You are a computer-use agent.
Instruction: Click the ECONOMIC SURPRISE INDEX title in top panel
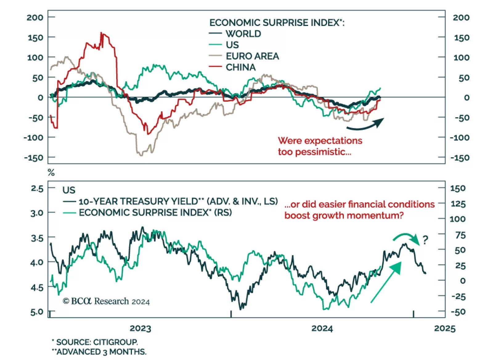tap(277, 22)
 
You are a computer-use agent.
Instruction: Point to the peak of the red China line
tap(101, 33)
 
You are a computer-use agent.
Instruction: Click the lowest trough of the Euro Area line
tap(141, 155)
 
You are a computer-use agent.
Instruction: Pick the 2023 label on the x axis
tap(140, 328)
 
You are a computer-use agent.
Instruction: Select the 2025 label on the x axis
tap(444, 328)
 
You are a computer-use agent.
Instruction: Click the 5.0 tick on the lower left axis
tap(37, 312)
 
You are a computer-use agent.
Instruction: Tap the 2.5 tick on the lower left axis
tap(37, 188)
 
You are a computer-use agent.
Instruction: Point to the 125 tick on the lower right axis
tap(458, 204)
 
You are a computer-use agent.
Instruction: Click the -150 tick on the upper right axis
tap(460, 158)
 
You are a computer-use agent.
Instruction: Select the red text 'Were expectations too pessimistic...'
tap(320, 146)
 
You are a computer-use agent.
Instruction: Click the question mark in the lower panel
tap(426, 239)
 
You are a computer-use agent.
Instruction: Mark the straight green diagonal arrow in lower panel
tap(386, 282)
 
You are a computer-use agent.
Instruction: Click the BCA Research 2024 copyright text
tap(106, 301)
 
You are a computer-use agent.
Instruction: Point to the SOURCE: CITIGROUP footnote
tap(95, 342)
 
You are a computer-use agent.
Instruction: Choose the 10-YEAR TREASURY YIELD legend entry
tap(178, 201)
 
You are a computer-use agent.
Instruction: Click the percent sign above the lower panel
tap(51, 173)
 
